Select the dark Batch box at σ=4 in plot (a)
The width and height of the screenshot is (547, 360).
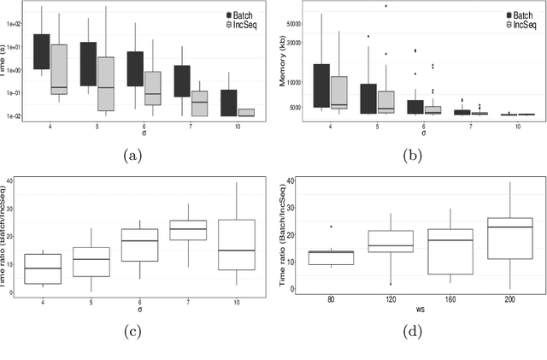click(x=41, y=51)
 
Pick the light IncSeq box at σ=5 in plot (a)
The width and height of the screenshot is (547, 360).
click(x=106, y=84)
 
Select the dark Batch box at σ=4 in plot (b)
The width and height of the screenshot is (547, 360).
click(x=321, y=86)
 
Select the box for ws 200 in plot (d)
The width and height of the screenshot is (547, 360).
click(x=509, y=238)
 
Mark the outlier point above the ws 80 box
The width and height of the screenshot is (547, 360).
click(x=329, y=227)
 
